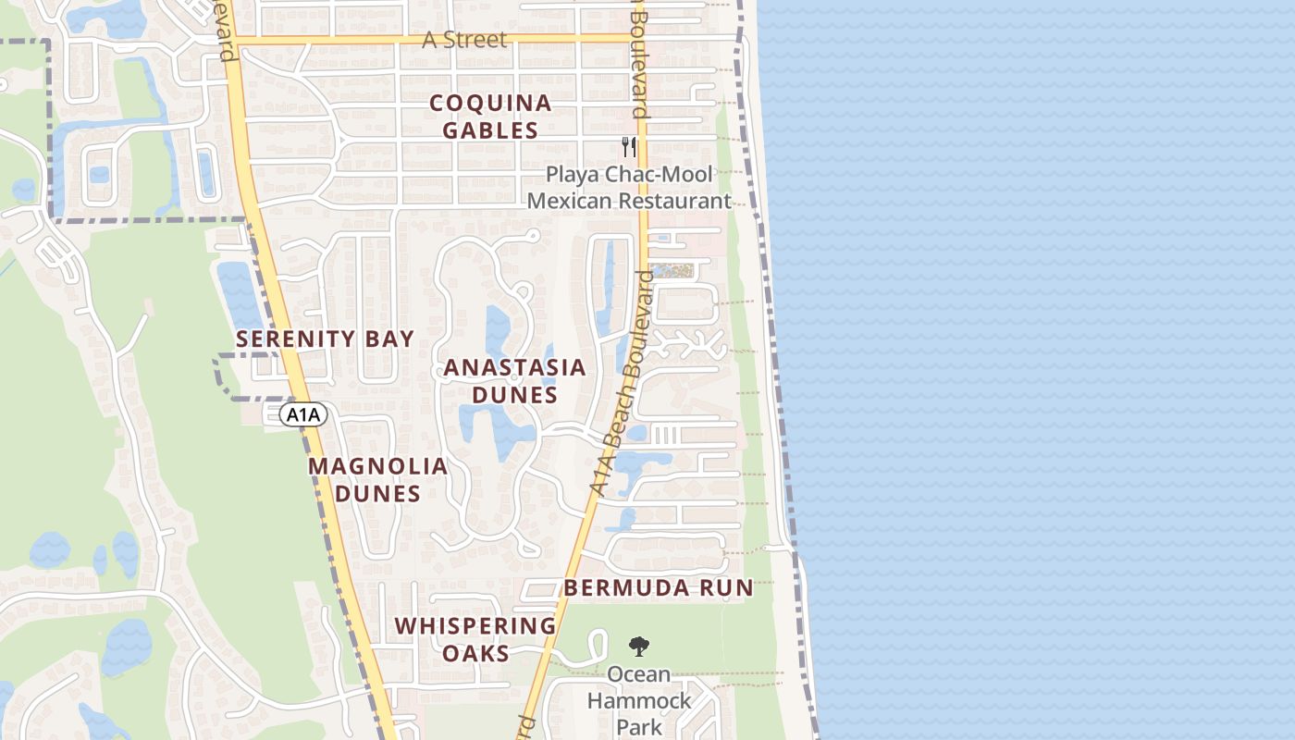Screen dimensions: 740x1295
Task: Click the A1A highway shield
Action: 303,415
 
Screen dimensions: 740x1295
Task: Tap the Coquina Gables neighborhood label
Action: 490,117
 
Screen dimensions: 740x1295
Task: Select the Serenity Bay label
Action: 325,339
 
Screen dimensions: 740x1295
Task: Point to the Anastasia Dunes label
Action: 514,381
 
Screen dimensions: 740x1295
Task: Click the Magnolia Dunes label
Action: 378,479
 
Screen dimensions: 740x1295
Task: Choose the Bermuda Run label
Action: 659,587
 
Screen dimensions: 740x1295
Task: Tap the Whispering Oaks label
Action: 475,639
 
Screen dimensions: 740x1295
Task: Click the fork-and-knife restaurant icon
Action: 630,146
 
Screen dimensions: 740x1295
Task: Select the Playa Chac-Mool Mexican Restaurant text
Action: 629,188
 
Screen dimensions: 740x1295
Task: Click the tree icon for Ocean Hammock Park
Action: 638,646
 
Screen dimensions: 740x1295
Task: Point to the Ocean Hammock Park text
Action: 639,700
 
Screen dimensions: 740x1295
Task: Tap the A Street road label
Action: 464,40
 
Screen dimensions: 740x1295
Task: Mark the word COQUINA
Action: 490,103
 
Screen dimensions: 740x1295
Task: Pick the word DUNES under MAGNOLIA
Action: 378,493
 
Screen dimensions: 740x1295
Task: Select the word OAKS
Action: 475,653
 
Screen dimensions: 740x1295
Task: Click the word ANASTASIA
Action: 514,367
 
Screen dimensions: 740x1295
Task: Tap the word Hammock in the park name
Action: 639,700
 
